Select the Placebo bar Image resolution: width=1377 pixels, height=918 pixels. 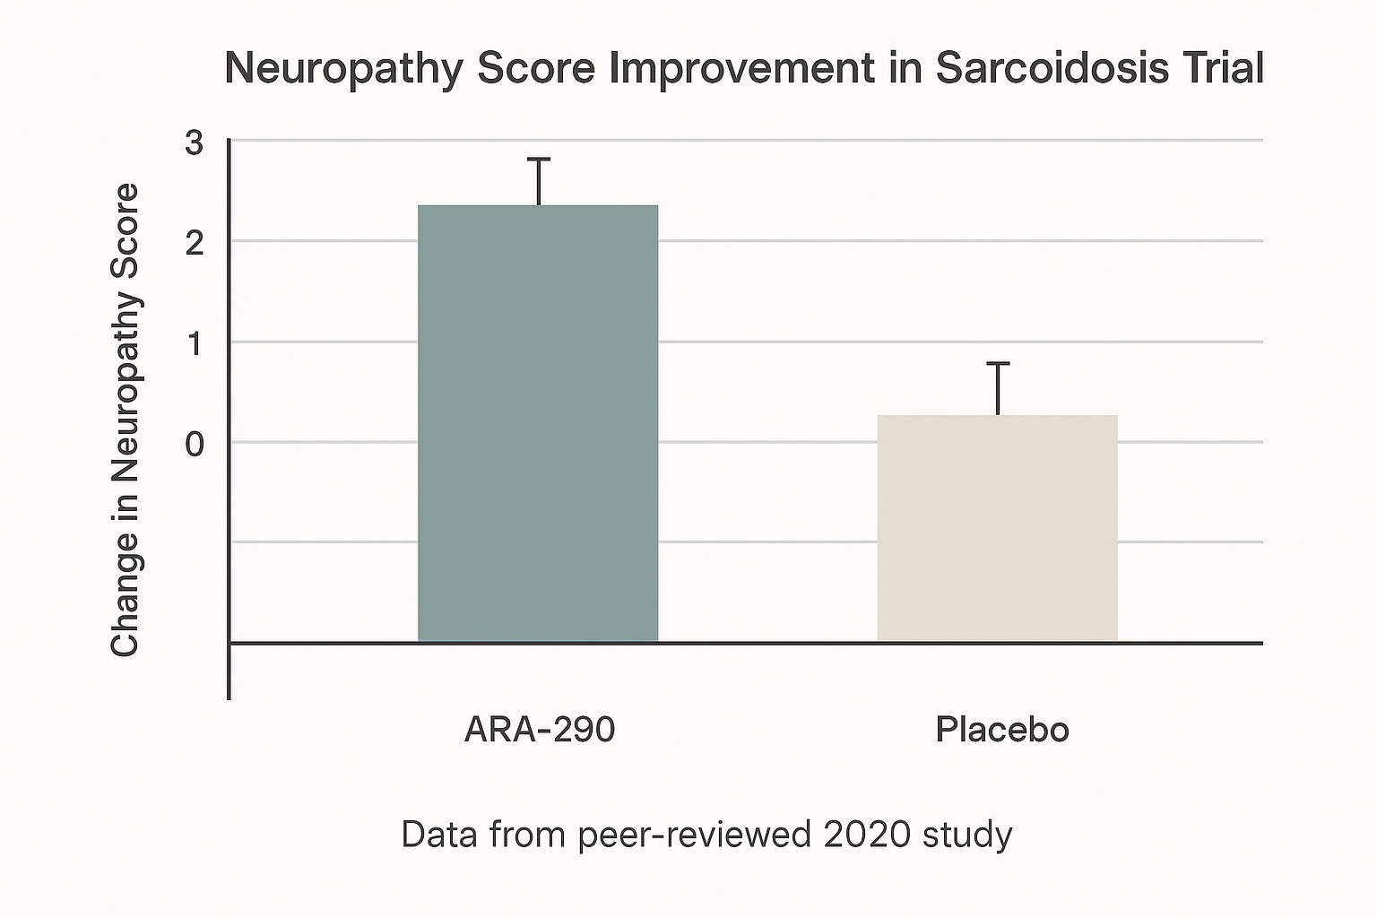(997, 528)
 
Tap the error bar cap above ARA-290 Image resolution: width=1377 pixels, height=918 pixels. (538, 160)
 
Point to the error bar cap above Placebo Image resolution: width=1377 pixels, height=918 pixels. (998, 363)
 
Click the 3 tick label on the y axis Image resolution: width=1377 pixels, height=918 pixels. (195, 143)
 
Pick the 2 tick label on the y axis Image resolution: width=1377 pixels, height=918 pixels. (195, 243)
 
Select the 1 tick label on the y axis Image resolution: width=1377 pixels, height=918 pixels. (195, 343)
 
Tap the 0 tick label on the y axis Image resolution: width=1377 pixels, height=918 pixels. (195, 444)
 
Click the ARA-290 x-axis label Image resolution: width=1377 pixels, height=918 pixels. (540, 730)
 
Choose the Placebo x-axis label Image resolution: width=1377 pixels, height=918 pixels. (1002, 730)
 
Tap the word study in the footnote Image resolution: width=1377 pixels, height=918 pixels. (967, 835)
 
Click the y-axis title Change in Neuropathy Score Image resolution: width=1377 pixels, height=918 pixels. (126, 420)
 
